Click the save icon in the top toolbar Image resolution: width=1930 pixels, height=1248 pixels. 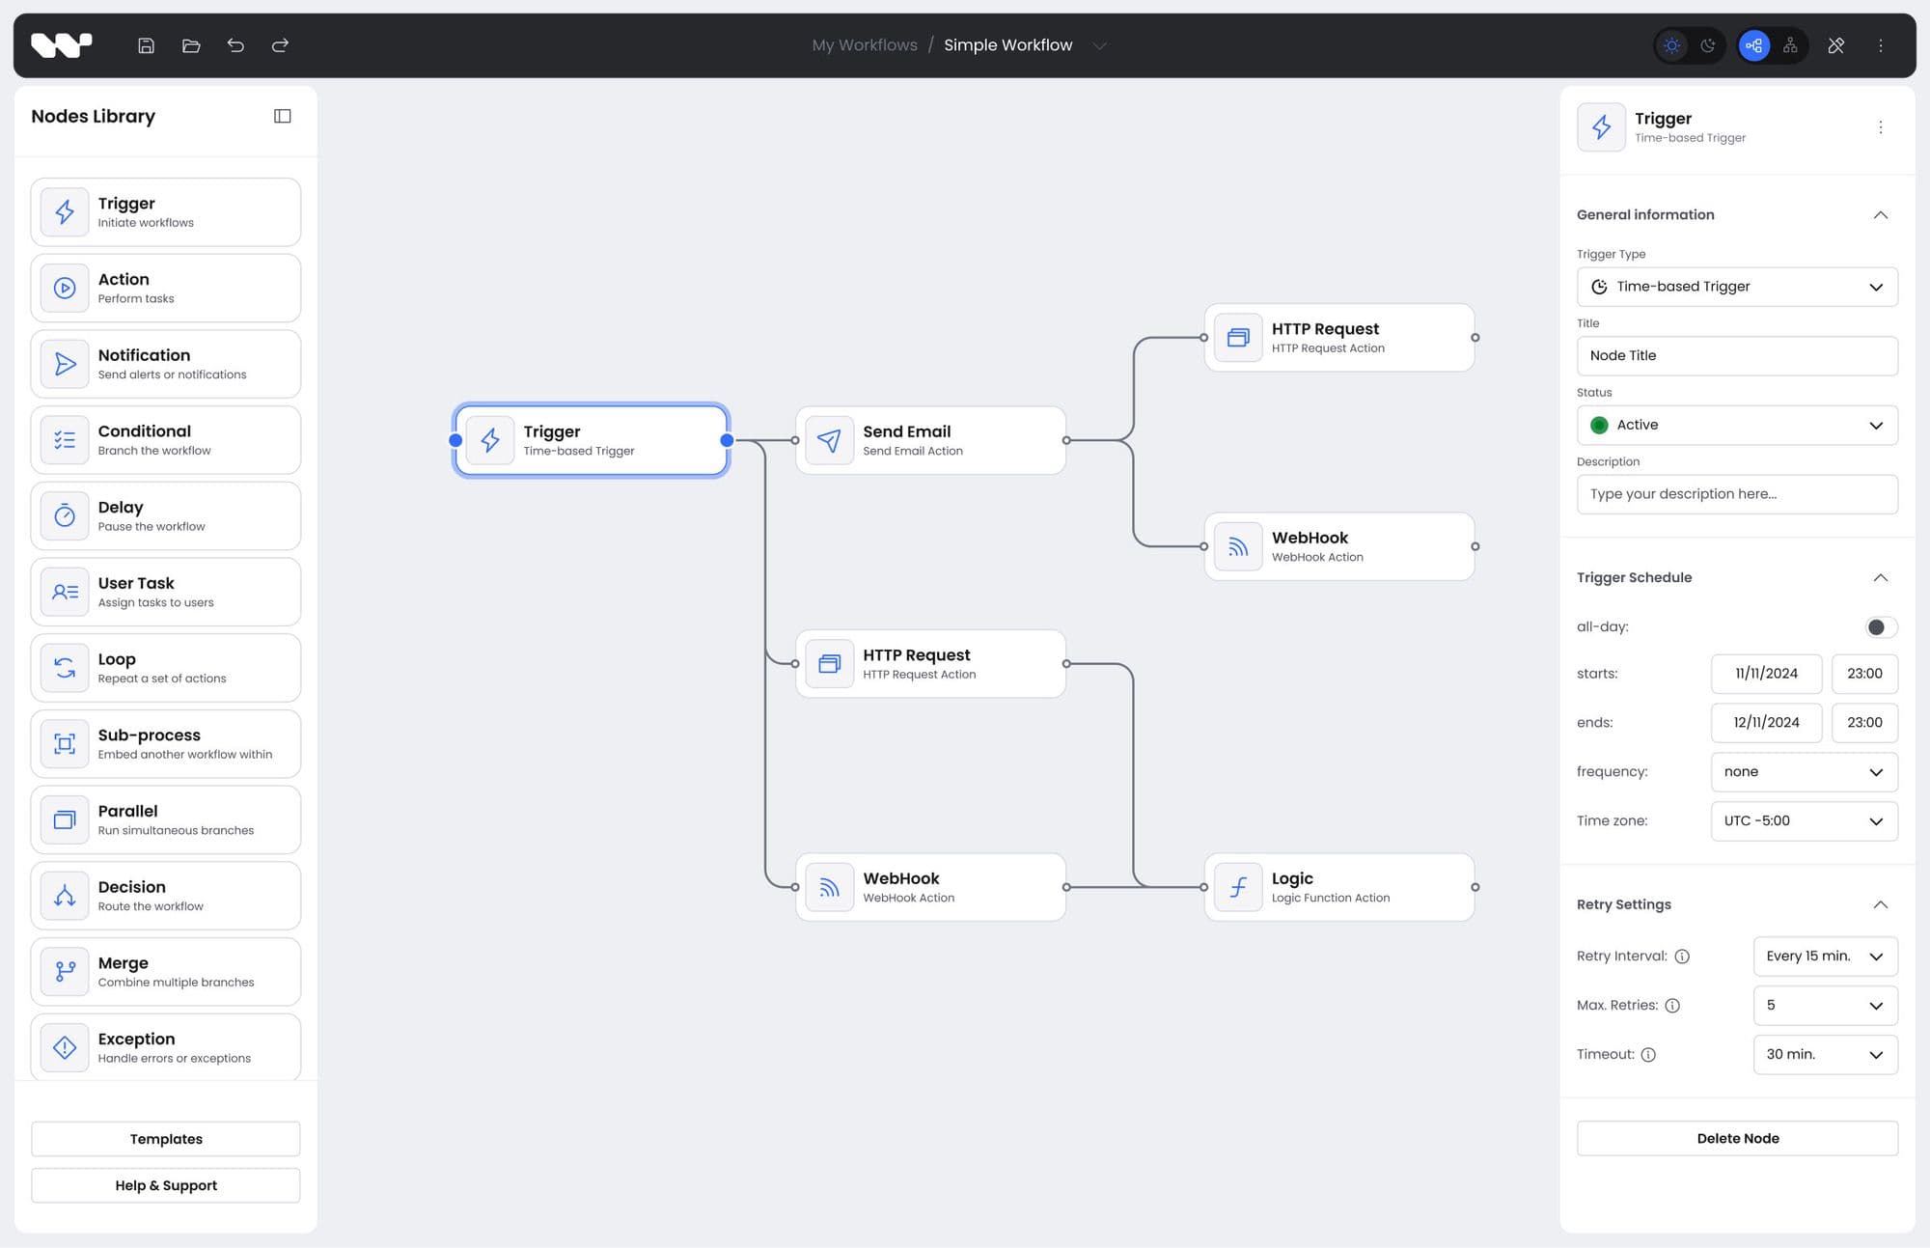coord(146,45)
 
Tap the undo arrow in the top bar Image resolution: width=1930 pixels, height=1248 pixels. coord(235,45)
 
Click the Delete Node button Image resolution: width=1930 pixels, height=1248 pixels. coord(1737,1138)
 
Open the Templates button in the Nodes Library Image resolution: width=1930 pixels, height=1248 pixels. coord(166,1139)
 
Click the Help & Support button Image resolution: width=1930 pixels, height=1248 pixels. coord(166,1185)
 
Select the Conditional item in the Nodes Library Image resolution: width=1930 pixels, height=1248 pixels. coord(166,440)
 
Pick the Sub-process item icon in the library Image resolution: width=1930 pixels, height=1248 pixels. coord(65,744)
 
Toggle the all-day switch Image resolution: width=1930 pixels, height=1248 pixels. coord(1880,627)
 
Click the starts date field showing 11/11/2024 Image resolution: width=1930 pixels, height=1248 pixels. coord(1766,674)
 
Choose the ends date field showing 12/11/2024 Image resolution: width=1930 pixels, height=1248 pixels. coord(1766,722)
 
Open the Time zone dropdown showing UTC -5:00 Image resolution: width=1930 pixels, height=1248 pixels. coord(1804,820)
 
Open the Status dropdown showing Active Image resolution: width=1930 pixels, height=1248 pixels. coord(1737,425)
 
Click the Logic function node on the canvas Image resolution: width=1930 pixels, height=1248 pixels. coord(1338,887)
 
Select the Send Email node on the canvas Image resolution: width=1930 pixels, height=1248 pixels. coord(930,440)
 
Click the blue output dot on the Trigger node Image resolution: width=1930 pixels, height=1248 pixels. coord(728,440)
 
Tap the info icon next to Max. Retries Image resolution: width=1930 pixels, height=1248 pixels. coord(1672,1006)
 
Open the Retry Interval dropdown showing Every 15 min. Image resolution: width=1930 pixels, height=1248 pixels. coord(1825,956)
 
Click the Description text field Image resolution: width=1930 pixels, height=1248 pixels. coord(1737,494)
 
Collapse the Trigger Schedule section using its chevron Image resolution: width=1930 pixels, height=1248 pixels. coord(1880,577)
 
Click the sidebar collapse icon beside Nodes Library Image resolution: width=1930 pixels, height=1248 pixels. coord(282,116)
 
